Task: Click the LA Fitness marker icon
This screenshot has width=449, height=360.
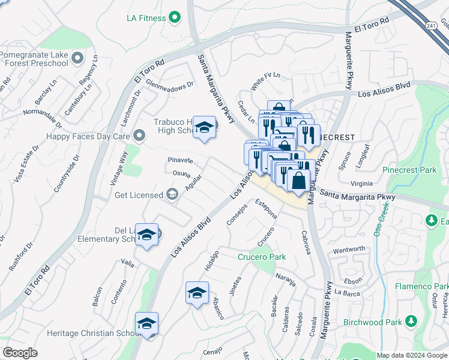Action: pyautogui.click(x=175, y=18)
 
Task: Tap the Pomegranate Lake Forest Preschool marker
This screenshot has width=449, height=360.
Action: pyautogui.click(x=77, y=58)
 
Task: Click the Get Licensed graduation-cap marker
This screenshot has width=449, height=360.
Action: pyautogui.click(x=172, y=194)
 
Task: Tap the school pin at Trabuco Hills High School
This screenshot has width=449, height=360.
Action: pyautogui.click(x=205, y=128)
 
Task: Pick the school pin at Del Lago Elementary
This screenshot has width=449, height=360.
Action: pyautogui.click(x=146, y=235)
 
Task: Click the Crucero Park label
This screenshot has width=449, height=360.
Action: pyautogui.click(x=262, y=257)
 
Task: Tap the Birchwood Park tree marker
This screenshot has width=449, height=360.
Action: pyautogui.click(x=411, y=322)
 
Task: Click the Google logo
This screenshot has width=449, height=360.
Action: pyautogui.click(x=20, y=353)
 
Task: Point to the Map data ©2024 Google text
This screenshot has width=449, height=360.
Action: pyautogui.click(x=412, y=355)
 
